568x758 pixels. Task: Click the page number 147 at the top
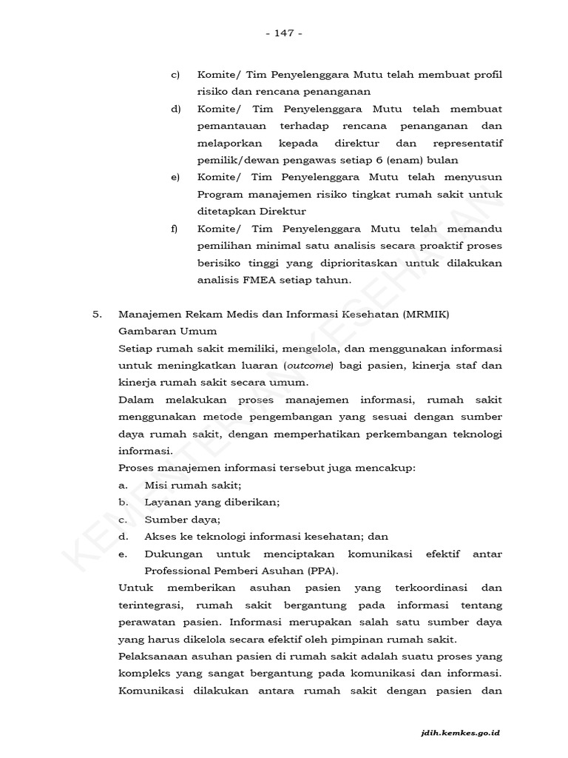pos(283,33)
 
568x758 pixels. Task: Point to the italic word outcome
pos(310,366)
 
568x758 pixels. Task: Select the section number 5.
pos(97,314)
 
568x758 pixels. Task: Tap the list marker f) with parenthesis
pos(175,229)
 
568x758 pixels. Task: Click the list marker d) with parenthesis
pos(175,110)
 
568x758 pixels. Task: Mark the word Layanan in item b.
pos(167,502)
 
